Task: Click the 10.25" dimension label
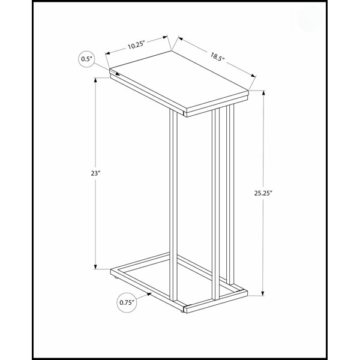tap(136, 45)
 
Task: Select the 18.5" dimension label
tap(217, 56)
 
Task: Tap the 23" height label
tap(96, 173)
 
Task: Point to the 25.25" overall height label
tap(263, 193)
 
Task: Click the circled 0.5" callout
tap(86, 59)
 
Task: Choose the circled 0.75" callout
tap(127, 302)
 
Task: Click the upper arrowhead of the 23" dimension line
tap(95, 80)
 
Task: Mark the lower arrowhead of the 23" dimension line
tap(95, 266)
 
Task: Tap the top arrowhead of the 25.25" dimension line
tap(263, 93)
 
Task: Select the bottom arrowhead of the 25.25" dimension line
tap(263, 293)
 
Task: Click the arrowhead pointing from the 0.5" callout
tap(118, 74)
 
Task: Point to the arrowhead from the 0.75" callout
tap(149, 294)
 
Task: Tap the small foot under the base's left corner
tap(115, 277)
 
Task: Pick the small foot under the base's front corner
tap(182, 311)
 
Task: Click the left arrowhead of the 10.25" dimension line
tap(107, 53)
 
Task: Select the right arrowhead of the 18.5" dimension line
tap(253, 76)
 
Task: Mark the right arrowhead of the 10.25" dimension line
tap(165, 37)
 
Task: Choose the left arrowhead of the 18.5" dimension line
tap(181, 38)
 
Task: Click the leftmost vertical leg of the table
tap(173, 205)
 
